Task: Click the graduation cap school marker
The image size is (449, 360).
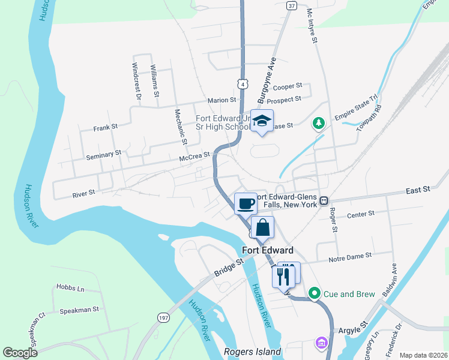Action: [262, 122]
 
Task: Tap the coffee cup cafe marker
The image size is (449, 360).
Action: [244, 204]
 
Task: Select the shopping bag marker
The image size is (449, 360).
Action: [263, 228]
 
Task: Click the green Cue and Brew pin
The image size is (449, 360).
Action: [314, 293]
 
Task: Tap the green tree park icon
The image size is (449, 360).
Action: [319, 124]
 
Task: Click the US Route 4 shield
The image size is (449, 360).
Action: [241, 84]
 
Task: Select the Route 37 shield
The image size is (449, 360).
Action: [292, 6]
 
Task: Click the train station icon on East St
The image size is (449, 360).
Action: [324, 200]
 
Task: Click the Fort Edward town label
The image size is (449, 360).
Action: [268, 250]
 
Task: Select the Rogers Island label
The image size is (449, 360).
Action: [252, 352]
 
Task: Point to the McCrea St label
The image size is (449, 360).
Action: [194, 155]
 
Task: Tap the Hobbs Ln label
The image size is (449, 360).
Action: [70, 288]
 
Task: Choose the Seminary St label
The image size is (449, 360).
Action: [103, 155]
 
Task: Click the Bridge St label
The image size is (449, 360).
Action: [231, 268]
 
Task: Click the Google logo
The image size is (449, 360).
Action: [20, 353]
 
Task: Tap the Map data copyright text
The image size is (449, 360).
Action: [423, 355]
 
